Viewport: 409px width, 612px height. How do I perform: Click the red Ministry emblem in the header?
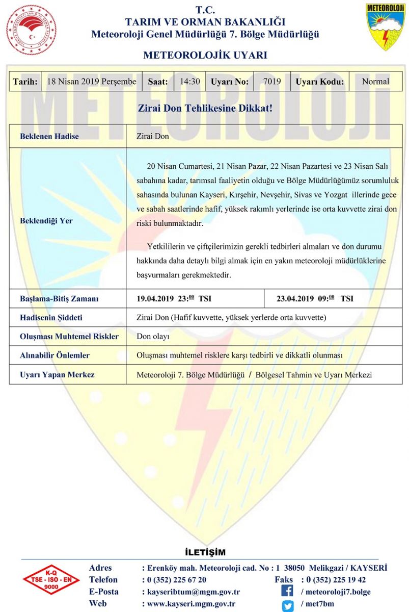31,30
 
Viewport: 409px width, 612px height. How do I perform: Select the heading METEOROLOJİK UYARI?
205,55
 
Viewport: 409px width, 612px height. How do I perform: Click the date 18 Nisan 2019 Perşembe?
91,82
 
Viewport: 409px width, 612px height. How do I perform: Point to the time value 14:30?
189,82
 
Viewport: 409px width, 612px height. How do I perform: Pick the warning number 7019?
272,82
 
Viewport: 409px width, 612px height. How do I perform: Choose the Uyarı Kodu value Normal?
375,82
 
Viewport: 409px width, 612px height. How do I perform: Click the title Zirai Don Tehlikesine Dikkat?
205,109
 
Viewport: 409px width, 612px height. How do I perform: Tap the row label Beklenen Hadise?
49,137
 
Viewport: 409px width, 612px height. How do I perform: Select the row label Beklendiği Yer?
46,221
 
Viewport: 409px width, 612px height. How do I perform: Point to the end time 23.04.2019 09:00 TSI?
315,298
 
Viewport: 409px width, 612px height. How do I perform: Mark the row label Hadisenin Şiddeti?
51,318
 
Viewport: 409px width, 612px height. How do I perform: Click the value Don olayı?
153,337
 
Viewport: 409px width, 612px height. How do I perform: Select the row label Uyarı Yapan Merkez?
57,375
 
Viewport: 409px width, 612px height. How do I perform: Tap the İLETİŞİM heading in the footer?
205,552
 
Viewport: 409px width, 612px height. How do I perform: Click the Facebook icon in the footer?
288,592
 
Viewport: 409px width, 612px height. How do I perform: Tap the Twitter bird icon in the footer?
288,605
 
